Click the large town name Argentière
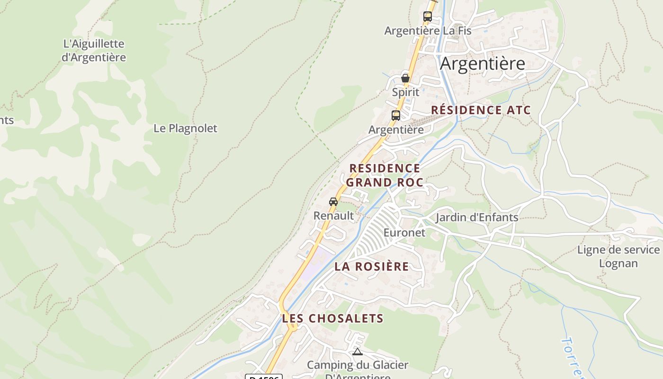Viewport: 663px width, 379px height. [482, 63]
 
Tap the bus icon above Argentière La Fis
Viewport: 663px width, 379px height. [427, 17]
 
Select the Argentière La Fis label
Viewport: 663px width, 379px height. [428, 31]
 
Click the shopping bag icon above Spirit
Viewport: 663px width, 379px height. [405, 78]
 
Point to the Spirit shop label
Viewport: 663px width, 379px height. [405, 92]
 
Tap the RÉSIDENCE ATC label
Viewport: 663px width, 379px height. [480, 110]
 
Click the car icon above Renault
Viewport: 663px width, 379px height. [333, 202]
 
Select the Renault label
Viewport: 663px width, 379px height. [333, 216]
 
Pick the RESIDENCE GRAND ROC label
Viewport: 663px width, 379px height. [385, 175]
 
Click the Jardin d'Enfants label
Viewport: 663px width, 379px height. [476, 217]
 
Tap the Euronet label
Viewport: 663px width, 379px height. [404, 233]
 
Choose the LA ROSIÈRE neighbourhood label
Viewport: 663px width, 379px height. [371, 266]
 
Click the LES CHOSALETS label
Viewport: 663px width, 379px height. [332, 318]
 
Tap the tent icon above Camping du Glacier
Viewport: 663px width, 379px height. [358, 352]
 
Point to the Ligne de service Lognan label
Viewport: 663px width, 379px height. [618, 256]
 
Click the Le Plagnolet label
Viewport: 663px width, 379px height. [185, 128]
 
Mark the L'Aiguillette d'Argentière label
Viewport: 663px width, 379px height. [94, 51]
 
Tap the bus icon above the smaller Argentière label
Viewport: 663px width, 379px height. [395, 116]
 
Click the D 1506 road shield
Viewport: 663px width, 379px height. [264, 377]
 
